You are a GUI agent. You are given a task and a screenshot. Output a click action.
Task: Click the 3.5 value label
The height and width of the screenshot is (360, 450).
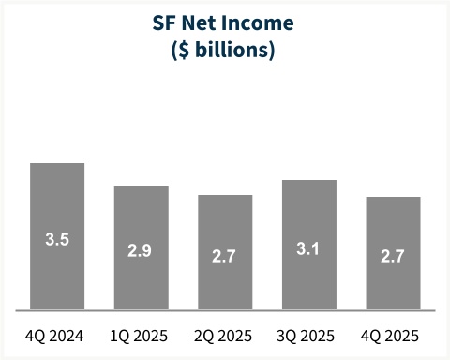click(57, 240)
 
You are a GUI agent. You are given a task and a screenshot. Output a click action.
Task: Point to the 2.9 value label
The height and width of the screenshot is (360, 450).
click(142, 251)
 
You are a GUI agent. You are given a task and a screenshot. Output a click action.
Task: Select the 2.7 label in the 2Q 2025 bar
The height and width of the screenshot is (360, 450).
click(225, 256)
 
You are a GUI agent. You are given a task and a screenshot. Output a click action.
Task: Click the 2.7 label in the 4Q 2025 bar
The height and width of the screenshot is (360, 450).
click(393, 256)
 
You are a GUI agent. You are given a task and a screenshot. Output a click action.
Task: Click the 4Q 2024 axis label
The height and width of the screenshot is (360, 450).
click(57, 336)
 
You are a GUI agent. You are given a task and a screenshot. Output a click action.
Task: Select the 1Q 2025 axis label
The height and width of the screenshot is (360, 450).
click(142, 336)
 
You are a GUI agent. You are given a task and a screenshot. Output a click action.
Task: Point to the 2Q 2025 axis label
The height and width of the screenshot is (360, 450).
click(225, 336)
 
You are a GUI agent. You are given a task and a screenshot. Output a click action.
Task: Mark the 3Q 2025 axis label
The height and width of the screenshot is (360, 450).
click(309, 336)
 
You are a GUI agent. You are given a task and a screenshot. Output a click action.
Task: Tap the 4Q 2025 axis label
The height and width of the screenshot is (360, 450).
click(393, 336)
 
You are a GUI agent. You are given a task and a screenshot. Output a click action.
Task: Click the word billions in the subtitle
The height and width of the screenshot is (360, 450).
click(233, 51)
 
